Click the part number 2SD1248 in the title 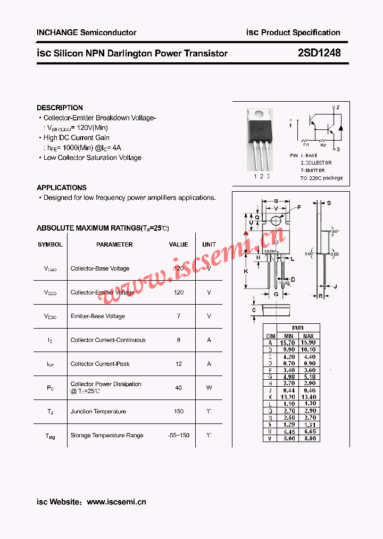(x=319, y=53)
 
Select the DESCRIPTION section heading (x=60, y=108)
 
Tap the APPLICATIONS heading (x=62, y=187)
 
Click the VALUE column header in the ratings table (x=179, y=244)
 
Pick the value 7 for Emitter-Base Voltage (x=179, y=316)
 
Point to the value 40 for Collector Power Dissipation (x=179, y=388)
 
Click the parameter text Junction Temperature (x=98, y=412)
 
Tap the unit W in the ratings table (x=209, y=388)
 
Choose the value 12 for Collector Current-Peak (x=179, y=364)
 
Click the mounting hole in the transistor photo (x=259, y=113)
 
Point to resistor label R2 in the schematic (x=323, y=144)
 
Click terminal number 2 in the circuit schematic (x=338, y=108)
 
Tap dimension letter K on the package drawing (x=246, y=271)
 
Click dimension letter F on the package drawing (x=299, y=207)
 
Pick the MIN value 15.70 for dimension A (x=288, y=343)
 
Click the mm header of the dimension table (x=298, y=328)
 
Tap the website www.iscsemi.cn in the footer (x=116, y=502)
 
